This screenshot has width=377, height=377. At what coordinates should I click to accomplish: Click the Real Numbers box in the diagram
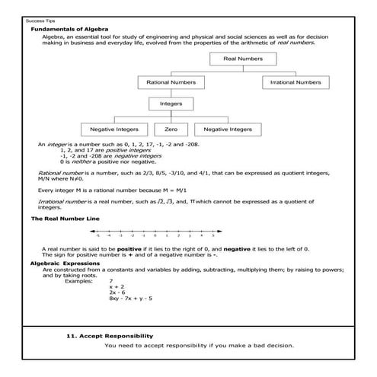[243, 58]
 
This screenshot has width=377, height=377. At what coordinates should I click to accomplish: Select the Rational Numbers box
[171, 81]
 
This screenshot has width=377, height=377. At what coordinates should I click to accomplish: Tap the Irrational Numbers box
[295, 81]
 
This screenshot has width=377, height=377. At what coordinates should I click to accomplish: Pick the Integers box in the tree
[171, 104]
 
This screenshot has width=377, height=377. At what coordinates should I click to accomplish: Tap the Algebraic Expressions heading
[64, 263]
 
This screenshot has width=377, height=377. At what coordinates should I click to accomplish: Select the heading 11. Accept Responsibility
[110, 335]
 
